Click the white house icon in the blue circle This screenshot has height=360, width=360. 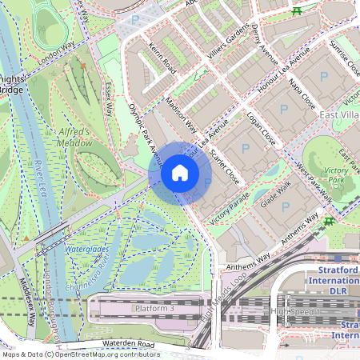pos(180,173)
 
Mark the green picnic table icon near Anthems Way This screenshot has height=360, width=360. pos(329,221)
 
